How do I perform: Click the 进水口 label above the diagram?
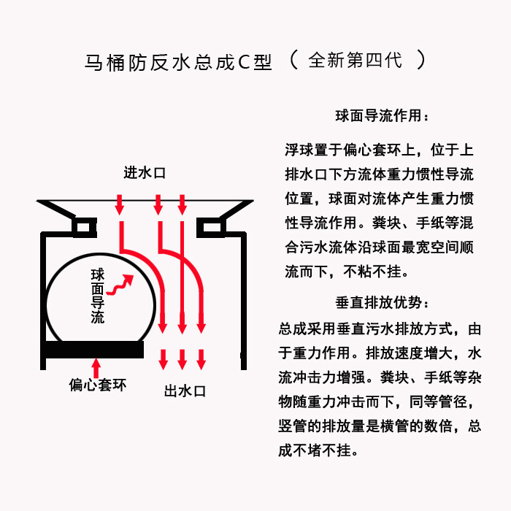145,173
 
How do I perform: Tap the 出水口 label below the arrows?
185,391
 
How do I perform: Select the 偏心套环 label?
97,385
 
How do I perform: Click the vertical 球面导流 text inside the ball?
97,296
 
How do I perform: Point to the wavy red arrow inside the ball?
120,285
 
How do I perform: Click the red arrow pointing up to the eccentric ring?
96,368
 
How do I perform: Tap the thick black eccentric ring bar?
94,350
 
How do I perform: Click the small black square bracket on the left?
85,228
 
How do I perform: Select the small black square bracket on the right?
211,228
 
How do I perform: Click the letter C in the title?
244,62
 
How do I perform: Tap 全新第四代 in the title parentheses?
356,61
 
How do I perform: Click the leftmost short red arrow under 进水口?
120,205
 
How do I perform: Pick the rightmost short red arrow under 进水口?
182,205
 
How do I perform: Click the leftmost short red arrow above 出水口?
163,359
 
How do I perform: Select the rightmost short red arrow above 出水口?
201,359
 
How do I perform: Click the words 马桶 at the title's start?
104,62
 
